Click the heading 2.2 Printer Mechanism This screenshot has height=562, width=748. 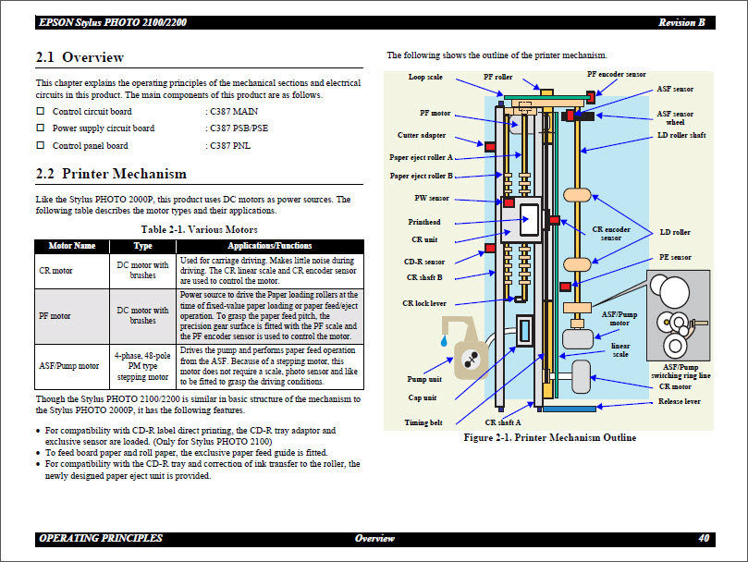[x=111, y=174]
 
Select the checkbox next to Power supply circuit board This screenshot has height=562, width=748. [x=41, y=128]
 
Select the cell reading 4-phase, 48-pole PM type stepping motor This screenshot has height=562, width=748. [x=142, y=364]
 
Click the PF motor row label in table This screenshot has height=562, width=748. [x=55, y=316]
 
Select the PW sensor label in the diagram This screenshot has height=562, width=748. [x=432, y=198]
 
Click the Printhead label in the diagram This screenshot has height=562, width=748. [x=424, y=222]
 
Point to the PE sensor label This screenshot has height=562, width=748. [x=675, y=257]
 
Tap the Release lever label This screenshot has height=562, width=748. [x=679, y=401]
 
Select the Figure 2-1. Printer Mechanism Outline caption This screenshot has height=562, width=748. [x=549, y=437]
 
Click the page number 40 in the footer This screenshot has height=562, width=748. [x=704, y=538]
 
